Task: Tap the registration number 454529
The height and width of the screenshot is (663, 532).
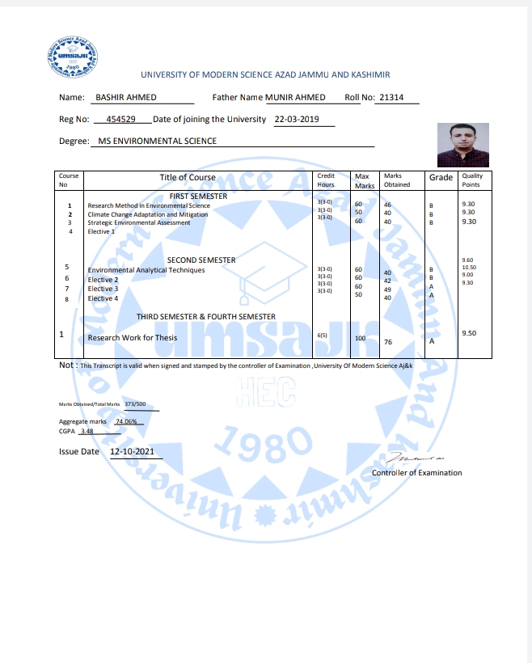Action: (x=123, y=119)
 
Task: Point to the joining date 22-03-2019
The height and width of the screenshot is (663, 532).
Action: (x=297, y=119)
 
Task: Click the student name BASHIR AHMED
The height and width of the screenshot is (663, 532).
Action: (x=126, y=97)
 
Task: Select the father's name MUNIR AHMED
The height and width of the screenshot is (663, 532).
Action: (x=295, y=97)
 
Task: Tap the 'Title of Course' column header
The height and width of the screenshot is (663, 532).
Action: (x=188, y=178)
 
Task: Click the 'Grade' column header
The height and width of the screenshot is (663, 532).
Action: (x=441, y=178)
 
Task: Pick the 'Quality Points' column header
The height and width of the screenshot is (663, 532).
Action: (x=471, y=180)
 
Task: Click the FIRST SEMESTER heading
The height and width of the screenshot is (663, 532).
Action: (x=198, y=196)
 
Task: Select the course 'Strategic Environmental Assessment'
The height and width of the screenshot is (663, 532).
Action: (x=139, y=222)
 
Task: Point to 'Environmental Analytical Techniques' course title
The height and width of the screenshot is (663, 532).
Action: (x=146, y=269)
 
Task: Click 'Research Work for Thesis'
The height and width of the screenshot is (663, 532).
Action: (x=132, y=338)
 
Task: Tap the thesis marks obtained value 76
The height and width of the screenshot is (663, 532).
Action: (x=388, y=343)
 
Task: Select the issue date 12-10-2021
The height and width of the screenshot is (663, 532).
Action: (x=133, y=451)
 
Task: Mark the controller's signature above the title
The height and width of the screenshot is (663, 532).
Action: (x=417, y=459)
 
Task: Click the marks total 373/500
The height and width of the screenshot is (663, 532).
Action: (x=135, y=403)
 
